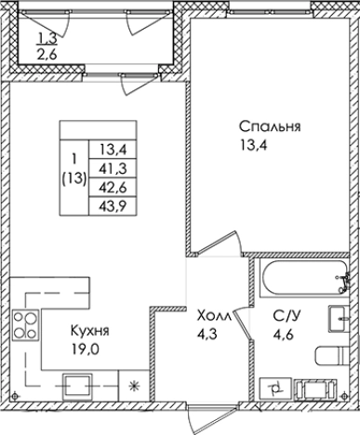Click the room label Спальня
click(x=268, y=126)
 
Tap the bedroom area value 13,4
click(x=253, y=144)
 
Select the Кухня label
click(x=90, y=331)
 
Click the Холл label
click(x=216, y=314)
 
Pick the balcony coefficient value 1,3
click(x=47, y=39)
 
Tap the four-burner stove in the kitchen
click(x=24, y=326)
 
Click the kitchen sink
click(x=76, y=382)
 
